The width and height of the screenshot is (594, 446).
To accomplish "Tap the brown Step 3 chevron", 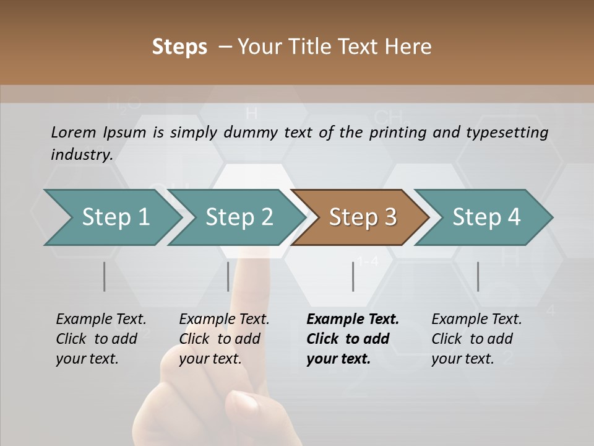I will tap(363, 217).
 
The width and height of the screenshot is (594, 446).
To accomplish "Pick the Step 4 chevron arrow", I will tap(486, 217).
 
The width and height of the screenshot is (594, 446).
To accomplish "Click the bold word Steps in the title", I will tap(179, 47).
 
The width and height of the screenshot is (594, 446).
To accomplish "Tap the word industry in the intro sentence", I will tap(81, 154).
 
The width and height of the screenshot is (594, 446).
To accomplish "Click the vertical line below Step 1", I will tap(104, 276).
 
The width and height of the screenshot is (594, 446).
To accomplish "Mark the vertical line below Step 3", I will tap(353, 276).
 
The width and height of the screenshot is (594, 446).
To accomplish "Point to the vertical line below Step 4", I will tap(478, 276).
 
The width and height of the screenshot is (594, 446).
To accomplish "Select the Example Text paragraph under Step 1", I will tap(100, 339).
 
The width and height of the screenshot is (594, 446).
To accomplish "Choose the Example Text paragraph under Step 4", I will tap(476, 339).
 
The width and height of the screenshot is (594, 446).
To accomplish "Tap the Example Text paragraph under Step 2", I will tap(223, 339).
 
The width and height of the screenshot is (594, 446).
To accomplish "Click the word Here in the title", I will tap(409, 47).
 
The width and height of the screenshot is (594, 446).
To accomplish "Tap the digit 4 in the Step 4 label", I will tap(514, 217).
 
